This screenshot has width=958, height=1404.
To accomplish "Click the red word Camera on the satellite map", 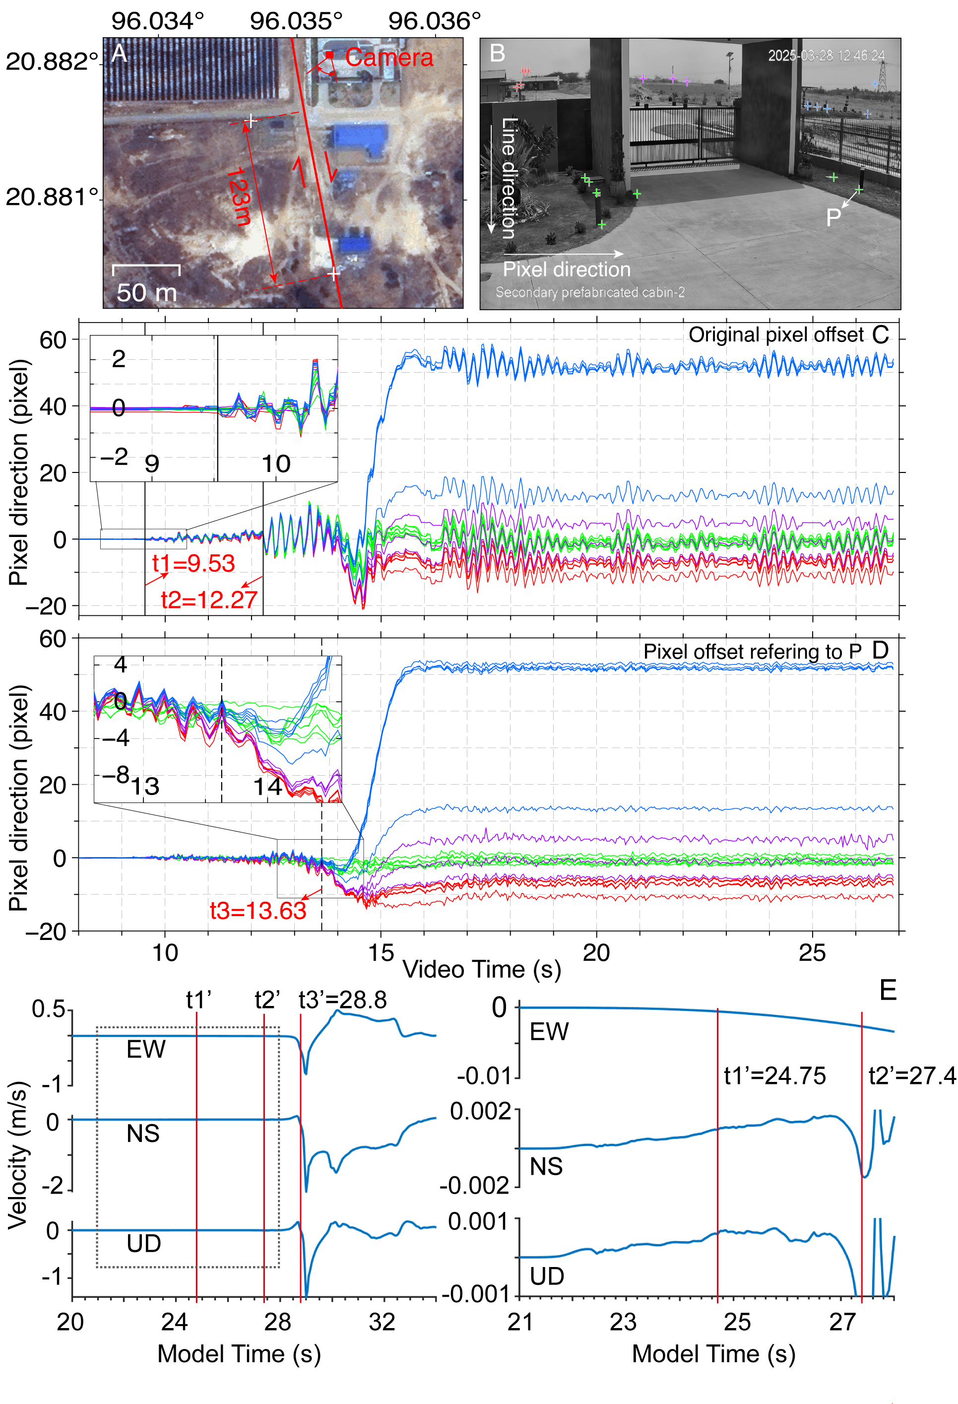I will (x=389, y=58).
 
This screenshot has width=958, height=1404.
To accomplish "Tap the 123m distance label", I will (x=238, y=197).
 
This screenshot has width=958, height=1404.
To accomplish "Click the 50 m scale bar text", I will (x=146, y=293).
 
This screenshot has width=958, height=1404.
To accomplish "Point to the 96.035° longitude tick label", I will (x=296, y=21).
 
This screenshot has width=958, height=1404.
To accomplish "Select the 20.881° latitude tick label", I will (x=52, y=197).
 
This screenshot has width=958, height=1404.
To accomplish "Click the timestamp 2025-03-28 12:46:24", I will (x=826, y=56).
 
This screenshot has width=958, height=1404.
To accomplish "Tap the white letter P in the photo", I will (x=833, y=217).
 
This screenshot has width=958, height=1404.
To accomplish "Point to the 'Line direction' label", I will (x=509, y=178).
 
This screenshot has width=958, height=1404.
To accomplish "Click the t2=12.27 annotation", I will (x=209, y=600).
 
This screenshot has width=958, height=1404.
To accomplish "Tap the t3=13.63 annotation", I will (x=258, y=910).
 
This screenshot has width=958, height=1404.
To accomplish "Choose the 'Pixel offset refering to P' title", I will (x=752, y=651).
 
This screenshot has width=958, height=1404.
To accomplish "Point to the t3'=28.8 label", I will (x=342, y=1000).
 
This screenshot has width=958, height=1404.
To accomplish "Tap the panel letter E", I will (x=888, y=991).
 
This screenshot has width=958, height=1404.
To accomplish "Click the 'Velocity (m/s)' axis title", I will (x=18, y=1154).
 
